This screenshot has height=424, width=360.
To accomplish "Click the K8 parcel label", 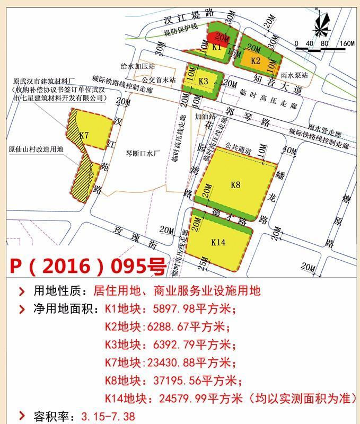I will click(235, 185).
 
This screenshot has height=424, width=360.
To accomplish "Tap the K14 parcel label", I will click(218, 242).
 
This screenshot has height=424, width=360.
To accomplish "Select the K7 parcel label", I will click(84, 136).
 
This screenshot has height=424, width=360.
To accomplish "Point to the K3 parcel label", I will click(204, 81).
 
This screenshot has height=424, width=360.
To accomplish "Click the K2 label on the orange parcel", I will click(256, 60).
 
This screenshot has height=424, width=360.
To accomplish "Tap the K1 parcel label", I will click(216, 47).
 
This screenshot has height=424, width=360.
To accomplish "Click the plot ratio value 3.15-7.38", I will click(106, 416).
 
